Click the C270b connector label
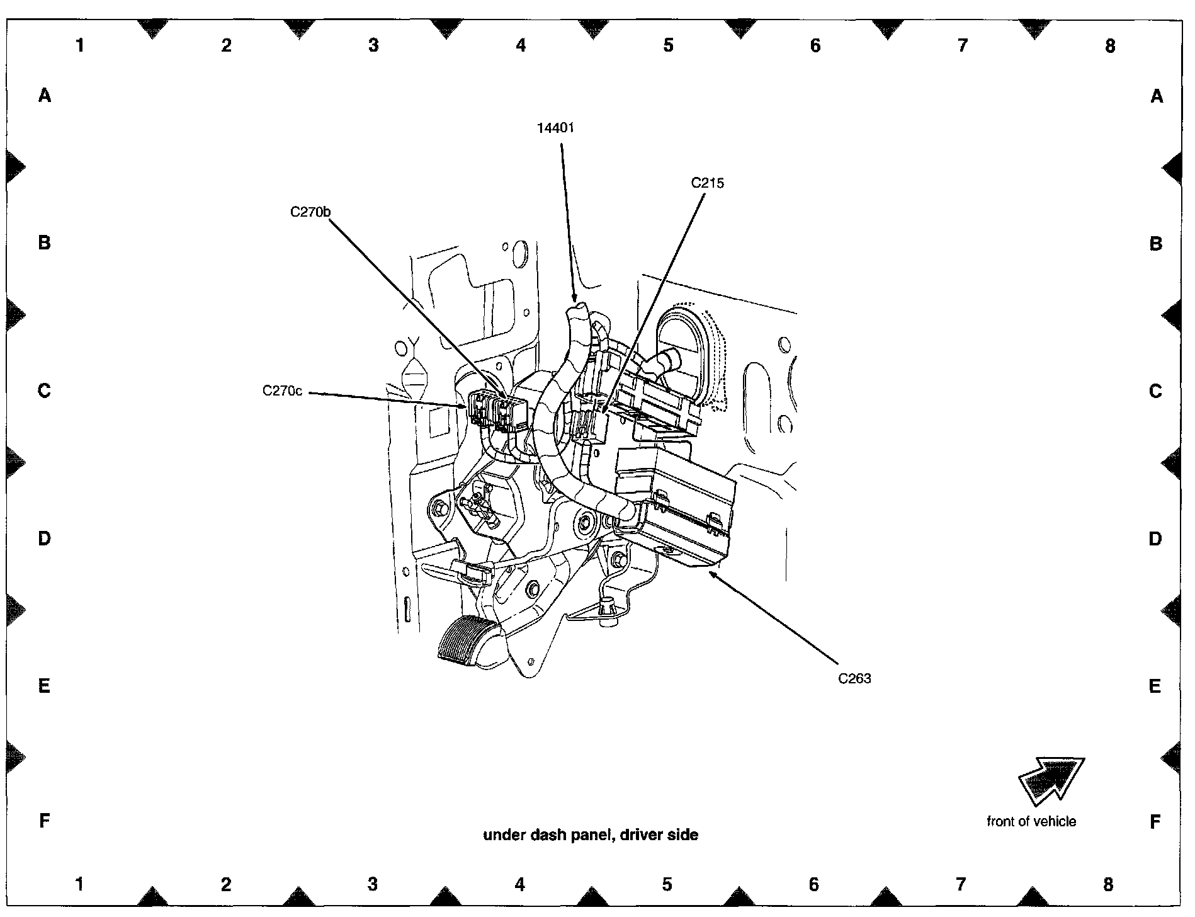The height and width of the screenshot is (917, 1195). tap(310, 212)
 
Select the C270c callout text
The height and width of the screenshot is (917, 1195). tap(282, 391)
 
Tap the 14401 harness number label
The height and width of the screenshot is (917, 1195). tap(555, 128)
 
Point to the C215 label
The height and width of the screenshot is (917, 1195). tap(708, 183)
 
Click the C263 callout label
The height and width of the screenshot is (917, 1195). tap(854, 678)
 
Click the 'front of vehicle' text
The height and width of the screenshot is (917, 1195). tap(1031, 821)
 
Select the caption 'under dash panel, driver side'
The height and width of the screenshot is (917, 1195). tap(591, 835)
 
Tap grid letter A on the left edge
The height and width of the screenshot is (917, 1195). tap(45, 96)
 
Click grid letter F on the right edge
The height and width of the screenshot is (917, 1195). tap(1155, 822)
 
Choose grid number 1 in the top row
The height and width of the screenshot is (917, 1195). tap(80, 45)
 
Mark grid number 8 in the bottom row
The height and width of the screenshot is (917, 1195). tap(1109, 885)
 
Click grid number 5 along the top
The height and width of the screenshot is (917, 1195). tap(668, 45)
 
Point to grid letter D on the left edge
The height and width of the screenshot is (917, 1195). tap(44, 538)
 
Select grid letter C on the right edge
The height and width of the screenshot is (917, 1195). tap(1155, 392)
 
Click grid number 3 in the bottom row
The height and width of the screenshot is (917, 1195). tap(373, 885)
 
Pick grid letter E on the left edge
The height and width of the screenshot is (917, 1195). tap(44, 686)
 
